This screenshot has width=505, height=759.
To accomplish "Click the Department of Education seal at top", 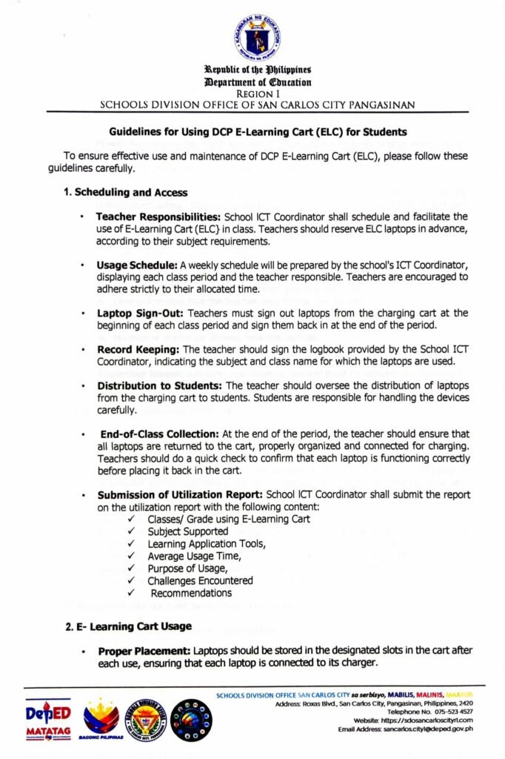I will tap(258, 37).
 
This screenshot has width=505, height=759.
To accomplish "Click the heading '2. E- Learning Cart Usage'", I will tap(129, 627).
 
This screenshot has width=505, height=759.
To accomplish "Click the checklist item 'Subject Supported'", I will tap(187, 531).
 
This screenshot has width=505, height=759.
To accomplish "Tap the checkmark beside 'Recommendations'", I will tap(130, 593).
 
